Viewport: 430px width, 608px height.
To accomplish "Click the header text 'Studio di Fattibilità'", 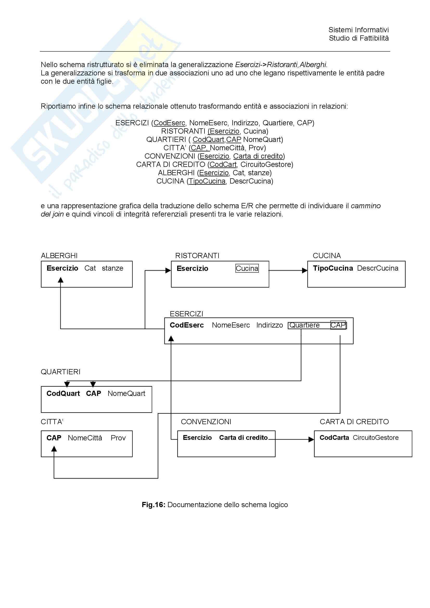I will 358,38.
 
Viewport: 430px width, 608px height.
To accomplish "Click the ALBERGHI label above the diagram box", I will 59,256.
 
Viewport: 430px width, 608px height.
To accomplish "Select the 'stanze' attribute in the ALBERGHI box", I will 112,268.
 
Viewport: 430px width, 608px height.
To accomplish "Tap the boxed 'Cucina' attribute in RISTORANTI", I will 247,269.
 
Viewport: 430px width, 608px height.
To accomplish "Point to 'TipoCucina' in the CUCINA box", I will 333,268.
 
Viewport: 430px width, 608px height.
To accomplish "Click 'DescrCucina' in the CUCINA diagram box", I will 377,268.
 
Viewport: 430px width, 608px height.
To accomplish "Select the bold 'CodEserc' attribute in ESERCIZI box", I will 187,325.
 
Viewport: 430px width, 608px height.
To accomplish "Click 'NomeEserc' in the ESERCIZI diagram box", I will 231,325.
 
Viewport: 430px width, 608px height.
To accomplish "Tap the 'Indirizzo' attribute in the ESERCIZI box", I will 269,325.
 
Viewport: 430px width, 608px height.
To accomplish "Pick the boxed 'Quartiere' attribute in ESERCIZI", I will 304,325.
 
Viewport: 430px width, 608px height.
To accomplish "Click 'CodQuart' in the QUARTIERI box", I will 63,394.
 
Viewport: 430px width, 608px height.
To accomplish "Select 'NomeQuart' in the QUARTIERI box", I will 126,394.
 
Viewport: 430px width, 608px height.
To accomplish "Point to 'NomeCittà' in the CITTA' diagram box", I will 85,438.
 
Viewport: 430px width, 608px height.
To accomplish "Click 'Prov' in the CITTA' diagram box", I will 118,438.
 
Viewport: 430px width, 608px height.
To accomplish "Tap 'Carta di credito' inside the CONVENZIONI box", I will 243,438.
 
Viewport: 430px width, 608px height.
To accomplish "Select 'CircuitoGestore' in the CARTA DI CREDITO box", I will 375,438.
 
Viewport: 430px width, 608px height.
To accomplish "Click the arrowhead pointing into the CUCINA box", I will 305,270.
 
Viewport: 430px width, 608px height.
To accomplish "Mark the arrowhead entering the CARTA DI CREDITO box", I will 311,440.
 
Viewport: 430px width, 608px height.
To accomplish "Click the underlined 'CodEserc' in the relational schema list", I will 169,123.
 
